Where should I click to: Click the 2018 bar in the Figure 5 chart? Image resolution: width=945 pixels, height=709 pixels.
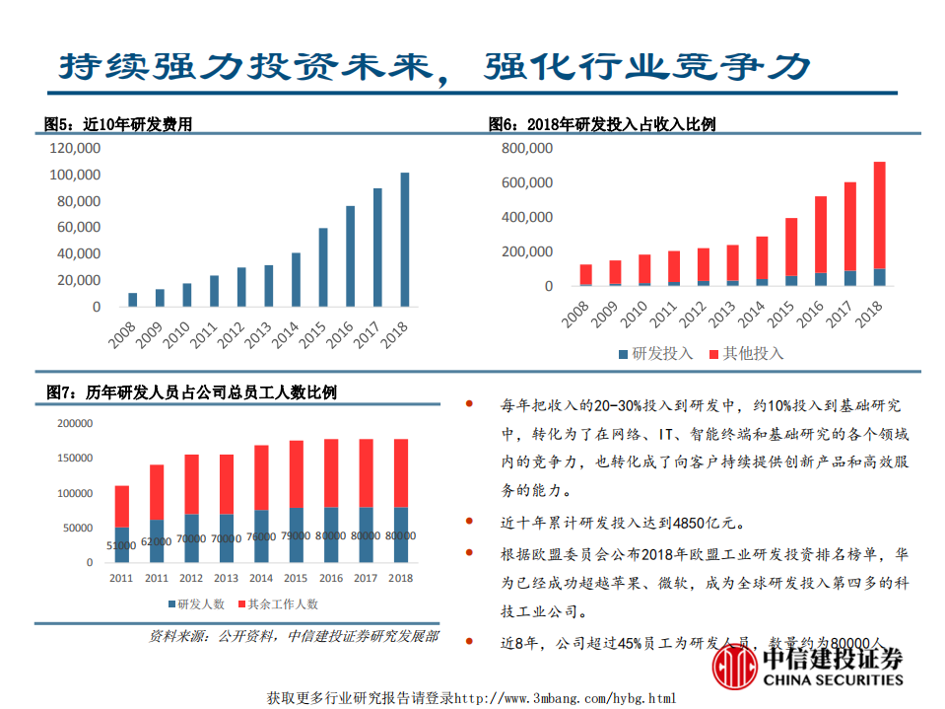click(404, 240)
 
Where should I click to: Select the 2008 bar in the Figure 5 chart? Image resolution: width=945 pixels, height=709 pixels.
click(133, 300)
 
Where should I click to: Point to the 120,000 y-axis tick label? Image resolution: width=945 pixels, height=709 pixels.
click(74, 148)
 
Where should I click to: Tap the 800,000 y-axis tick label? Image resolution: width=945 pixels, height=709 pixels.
click(526, 148)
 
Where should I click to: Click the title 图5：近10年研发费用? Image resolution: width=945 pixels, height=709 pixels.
click(118, 124)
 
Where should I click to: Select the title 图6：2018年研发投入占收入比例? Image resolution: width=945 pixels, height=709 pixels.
click(602, 124)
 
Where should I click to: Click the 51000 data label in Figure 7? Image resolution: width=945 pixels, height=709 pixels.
click(122, 544)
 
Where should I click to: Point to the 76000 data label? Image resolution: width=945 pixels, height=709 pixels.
click(261, 537)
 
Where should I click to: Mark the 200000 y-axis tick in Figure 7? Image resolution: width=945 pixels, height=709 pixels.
click(76, 424)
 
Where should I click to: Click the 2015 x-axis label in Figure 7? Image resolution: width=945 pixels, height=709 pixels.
click(296, 578)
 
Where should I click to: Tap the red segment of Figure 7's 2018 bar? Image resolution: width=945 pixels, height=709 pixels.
click(400, 473)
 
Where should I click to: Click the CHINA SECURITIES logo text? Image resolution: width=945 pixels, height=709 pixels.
click(833, 679)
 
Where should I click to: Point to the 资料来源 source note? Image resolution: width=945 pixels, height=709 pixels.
click(294, 637)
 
